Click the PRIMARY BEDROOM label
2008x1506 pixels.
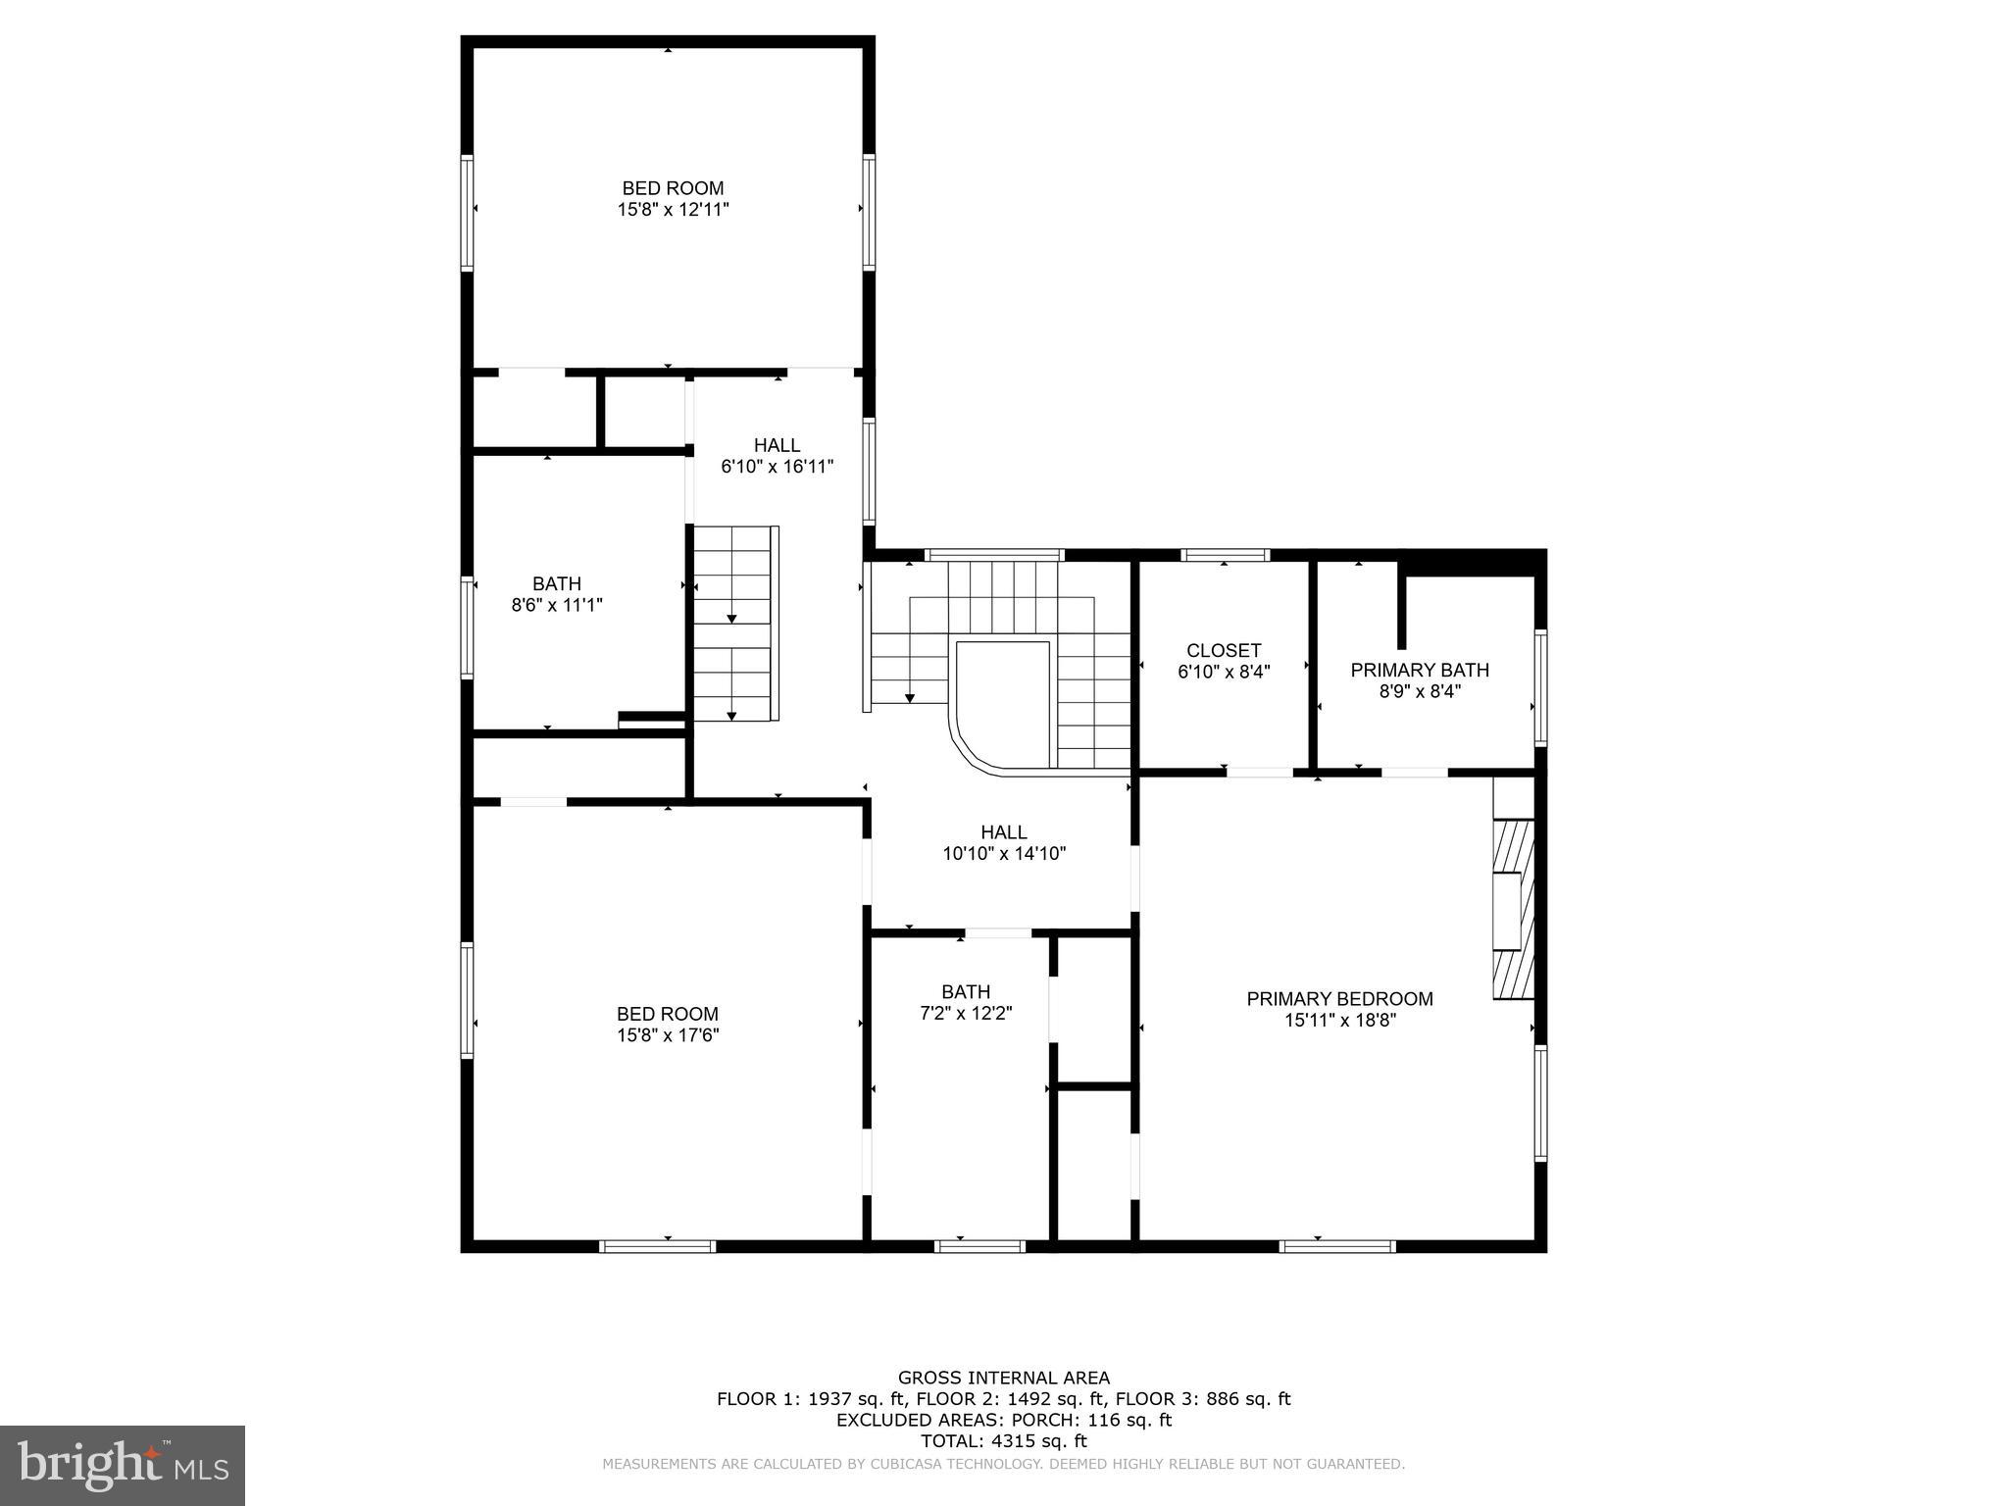(1339, 999)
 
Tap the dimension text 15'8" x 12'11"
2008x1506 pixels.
(673, 210)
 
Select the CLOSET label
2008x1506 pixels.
(1224, 651)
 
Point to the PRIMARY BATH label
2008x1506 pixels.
(1420, 671)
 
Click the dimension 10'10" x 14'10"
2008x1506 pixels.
(1004, 854)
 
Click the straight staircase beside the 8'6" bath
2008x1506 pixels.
(732, 624)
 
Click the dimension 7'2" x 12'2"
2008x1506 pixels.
(966, 1014)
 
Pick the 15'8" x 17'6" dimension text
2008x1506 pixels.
(668, 1035)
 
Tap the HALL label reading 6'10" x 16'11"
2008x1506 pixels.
(777, 446)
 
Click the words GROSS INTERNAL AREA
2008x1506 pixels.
(1004, 1378)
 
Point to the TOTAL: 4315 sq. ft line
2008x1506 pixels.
(1004, 1441)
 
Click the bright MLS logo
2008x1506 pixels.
(123, 1465)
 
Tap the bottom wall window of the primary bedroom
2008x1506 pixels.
(1337, 1246)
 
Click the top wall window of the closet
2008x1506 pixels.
(1225, 556)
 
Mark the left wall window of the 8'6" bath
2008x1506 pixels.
(468, 628)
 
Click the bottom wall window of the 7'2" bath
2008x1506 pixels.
(979, 1246)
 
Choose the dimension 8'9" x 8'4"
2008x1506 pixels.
(1420, 691)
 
